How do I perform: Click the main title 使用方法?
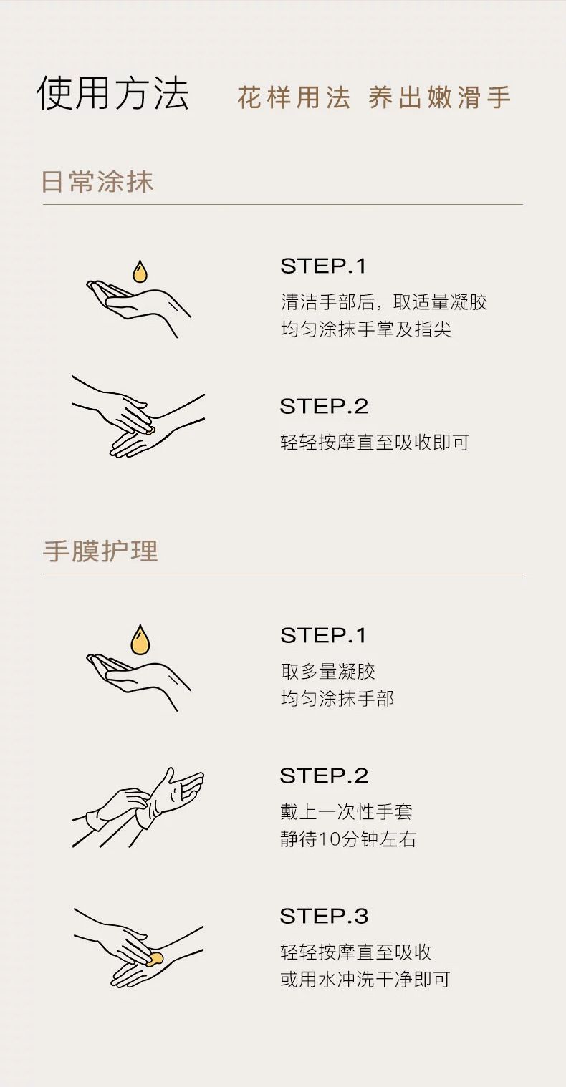tap(112, 92)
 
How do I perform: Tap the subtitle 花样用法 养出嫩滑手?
tap(374, 97)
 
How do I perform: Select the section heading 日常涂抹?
tap(97, 182)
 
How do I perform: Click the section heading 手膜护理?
tap(100, 551)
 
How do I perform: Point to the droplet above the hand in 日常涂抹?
tap(140, 272)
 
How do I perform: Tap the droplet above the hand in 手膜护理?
tap(140, 639)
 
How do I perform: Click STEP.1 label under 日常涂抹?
tap(323, 266)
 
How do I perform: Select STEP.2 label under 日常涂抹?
tap(324, 407)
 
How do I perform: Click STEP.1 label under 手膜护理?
tap(323, 636)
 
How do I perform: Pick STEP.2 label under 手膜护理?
tap(324, 776)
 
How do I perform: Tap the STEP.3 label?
tap(324, 916)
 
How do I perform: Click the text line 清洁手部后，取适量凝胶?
tap(384, 302)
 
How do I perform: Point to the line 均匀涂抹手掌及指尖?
tap(366, 329)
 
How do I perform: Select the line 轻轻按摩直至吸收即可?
tap(375, 442)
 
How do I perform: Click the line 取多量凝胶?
tap(328, 672)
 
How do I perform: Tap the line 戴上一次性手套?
tap(346, 812)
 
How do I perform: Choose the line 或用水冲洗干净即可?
tap(365, 980)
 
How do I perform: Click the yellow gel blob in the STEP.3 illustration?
tap(155, 958)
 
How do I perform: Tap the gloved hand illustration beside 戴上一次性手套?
tap(138, 808)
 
